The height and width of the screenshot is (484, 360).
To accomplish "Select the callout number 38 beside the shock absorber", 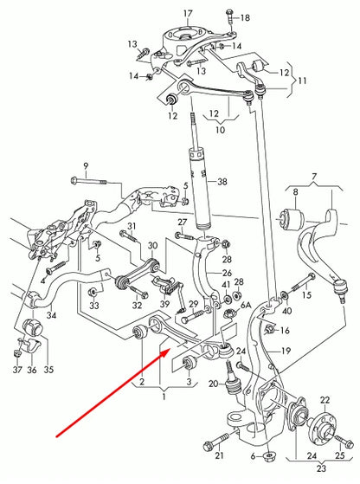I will click(x=222, y=182).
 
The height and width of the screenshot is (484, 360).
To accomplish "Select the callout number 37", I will click(x=16, y=370).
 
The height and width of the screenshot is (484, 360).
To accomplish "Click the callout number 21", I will click(x=220, y=456).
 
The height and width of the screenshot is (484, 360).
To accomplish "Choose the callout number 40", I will click(x=287, y=310).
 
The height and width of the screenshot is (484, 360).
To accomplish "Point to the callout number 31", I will click(x=132, y=227).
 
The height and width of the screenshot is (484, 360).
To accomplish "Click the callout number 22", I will click(x=325, y=399).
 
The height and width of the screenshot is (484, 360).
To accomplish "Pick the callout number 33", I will click(x=94, y=305).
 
